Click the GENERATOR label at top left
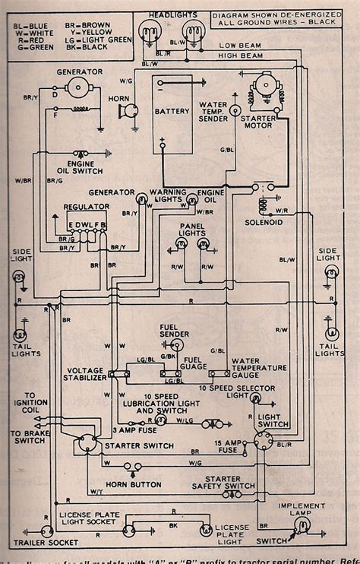(x=78, y=71)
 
